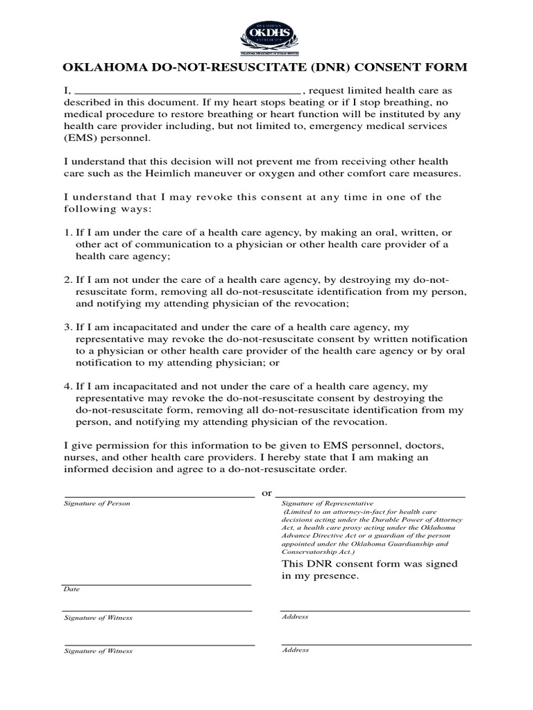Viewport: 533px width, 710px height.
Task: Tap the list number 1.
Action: [67, 232]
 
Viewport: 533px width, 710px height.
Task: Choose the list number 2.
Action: [67, 279]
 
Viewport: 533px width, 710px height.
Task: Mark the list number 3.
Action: [67, 327]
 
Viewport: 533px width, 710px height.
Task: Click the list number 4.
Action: [67, 386]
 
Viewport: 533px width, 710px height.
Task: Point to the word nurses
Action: [81, 457]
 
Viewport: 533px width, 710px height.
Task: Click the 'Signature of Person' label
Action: [96, 503]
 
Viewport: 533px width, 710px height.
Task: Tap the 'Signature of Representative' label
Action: [328, 503]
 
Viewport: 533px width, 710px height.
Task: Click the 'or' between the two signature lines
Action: [265, 493]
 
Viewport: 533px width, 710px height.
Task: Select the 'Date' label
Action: [71, 589]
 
